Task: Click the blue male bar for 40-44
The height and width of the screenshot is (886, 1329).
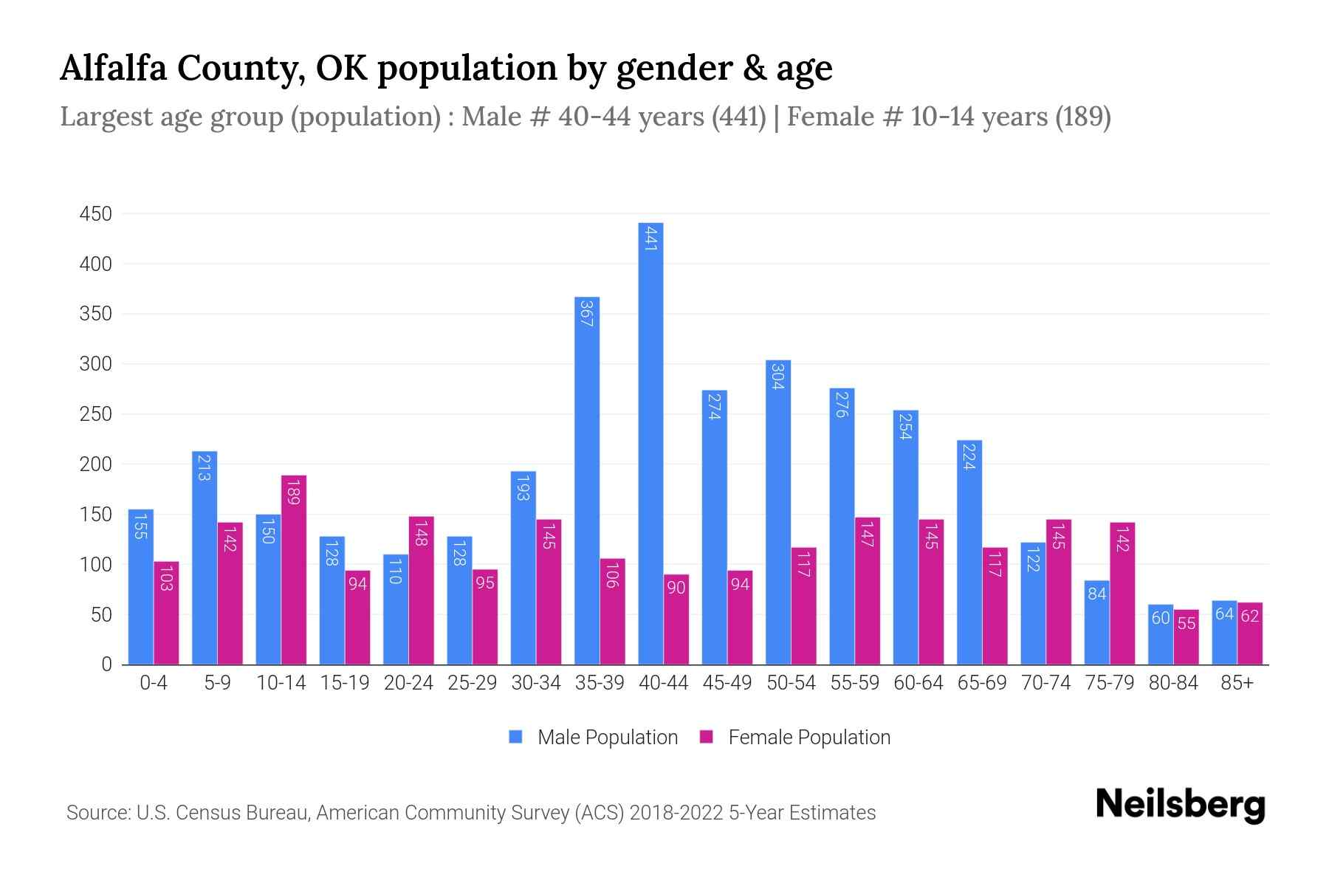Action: coord(650,443)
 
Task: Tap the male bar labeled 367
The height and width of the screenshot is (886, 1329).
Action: coord(587,480)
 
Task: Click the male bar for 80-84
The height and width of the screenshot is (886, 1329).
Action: coord(1161,635)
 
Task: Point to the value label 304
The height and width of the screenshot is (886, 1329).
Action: coord(777,377)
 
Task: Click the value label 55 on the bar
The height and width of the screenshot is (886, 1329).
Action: coord(1187,623)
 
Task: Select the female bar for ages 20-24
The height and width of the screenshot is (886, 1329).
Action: coord(422,591)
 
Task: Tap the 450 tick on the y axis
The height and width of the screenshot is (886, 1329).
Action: coord(96,214)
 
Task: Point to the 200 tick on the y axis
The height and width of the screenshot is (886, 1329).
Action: coord(96,464)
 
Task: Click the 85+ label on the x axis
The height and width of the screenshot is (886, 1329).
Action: coord(1237,683)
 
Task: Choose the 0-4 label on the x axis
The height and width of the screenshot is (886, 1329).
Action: coord(154,683)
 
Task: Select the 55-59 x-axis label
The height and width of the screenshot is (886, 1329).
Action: coord(854,683)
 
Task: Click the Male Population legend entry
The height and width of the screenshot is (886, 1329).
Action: coord(607,738)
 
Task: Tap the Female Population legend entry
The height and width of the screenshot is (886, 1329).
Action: coord(808,738)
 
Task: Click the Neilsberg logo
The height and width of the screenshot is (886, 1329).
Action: coord(1180,805)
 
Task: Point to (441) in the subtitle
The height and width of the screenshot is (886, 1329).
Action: coord(739,117)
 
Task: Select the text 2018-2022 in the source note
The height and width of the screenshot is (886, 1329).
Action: coord(676,813)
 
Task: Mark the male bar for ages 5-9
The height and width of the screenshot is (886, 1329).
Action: coord(205,557)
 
